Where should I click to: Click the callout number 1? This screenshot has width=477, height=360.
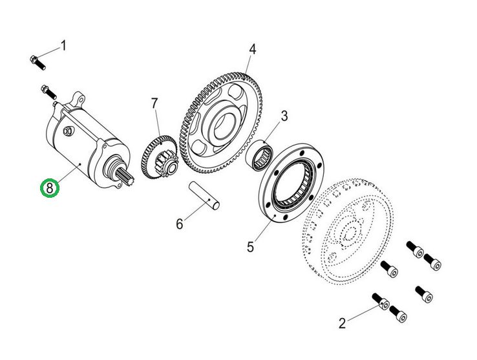point(63,45)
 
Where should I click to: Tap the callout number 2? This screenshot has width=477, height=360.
point(342,323)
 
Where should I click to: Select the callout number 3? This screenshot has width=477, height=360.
point(283,116)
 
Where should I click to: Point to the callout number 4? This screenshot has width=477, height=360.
point(252,49)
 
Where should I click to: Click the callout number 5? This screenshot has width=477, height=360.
point(250,246)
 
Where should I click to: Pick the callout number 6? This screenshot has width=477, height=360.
point(180,224)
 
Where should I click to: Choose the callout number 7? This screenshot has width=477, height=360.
point(154,103)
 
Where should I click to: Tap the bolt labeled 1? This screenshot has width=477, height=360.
point(37,63)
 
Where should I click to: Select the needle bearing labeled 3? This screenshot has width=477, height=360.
point(264,157)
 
